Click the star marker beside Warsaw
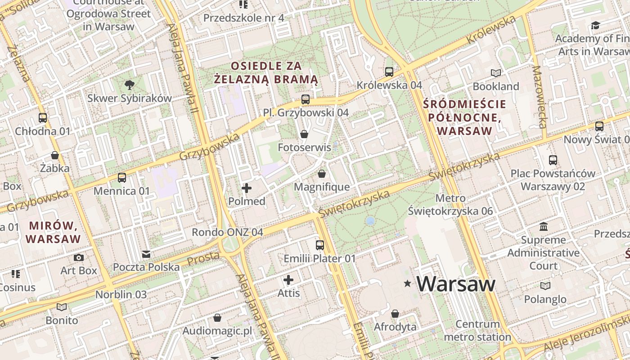click(408, 283)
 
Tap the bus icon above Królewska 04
click(389, 72)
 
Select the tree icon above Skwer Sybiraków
click(130, 85)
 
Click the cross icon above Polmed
click(247, 188)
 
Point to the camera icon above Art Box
click(79, 257)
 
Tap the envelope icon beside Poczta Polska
click(146, 254)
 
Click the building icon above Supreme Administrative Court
click(543, 226)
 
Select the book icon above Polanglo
click(545, 286)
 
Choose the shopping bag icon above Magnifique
click(322, 174)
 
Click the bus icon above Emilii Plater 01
click(320, 245)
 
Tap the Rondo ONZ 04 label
click(227, 232)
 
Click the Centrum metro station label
click(477, 330)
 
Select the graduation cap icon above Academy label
click(595, 25)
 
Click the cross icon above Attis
click(288, 280)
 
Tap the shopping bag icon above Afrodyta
click(395, 314)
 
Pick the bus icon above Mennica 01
click(121, 177)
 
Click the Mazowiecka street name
click(539, 97)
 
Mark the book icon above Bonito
click(62, 307)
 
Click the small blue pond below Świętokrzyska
click(370, 220)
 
